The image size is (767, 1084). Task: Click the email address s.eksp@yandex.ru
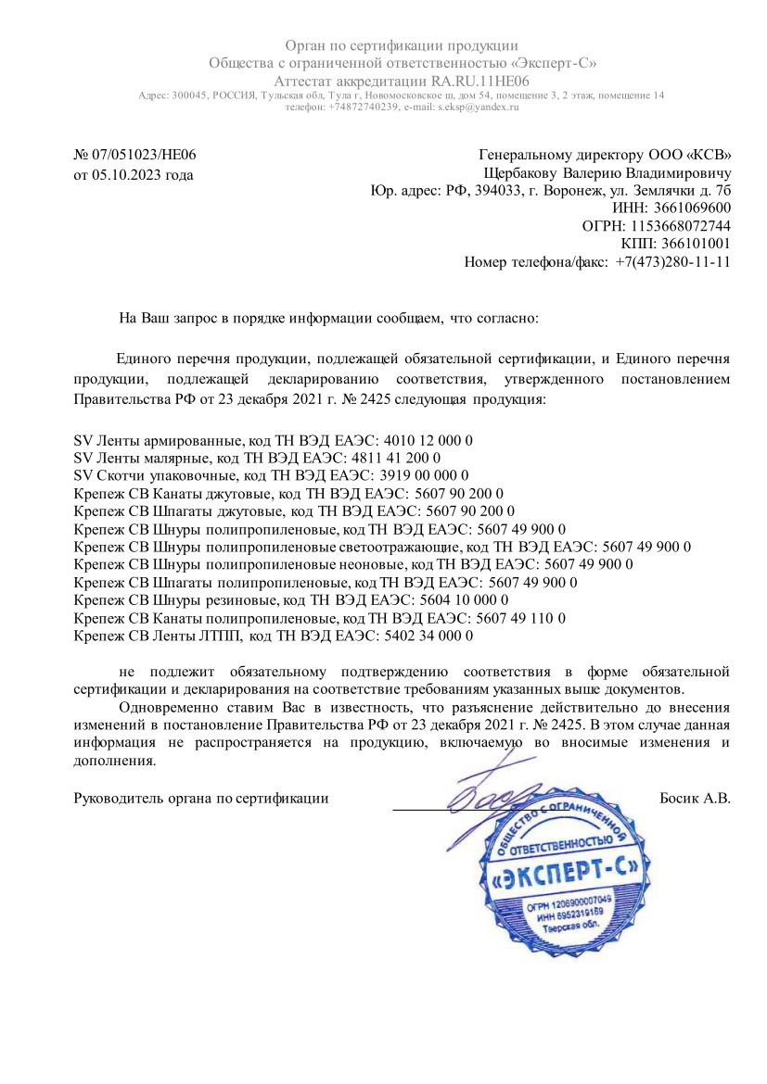(x=479, y=107)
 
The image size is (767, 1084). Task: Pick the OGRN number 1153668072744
(x=681, y=226)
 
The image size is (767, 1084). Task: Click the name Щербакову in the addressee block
(x=522, y=173)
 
